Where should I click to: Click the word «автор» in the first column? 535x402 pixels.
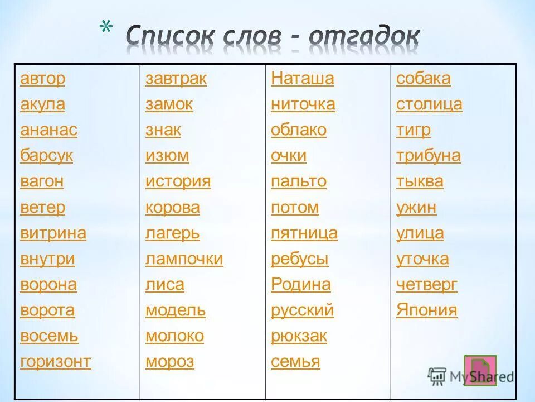[x=42, y=79]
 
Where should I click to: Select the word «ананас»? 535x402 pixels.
[x=48, y=130]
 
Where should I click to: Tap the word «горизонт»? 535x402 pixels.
[x=55, y=362]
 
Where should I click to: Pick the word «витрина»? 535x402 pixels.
[x=53, y=233]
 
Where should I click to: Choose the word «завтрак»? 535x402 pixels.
[x=176, y=79]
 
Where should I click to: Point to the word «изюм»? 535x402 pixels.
[x=167, y=156]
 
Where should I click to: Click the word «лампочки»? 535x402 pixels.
[x=184, y=259]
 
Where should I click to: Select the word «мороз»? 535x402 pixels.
[x=169, y=362]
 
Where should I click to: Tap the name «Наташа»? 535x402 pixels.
[x=303, y=79]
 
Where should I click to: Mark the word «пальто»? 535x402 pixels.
[x=299, y=181]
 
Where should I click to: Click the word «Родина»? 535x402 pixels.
[x=300, y=285]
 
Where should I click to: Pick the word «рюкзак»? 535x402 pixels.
[x=299, y=336]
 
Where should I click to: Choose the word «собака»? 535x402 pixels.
[x=424, y=79]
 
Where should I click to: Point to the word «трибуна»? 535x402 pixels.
[x=429, y=156]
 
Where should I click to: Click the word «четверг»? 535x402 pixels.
[x=427, y=285]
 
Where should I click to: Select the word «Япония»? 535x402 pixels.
[x=427, y=310]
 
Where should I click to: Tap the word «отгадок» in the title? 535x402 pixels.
[x=364, y=37]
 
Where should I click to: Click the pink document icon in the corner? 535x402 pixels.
[x=479, y=369]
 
